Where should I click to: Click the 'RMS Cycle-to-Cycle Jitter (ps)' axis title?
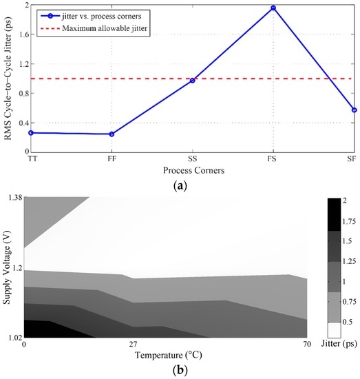7,77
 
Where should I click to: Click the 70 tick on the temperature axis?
304,344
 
